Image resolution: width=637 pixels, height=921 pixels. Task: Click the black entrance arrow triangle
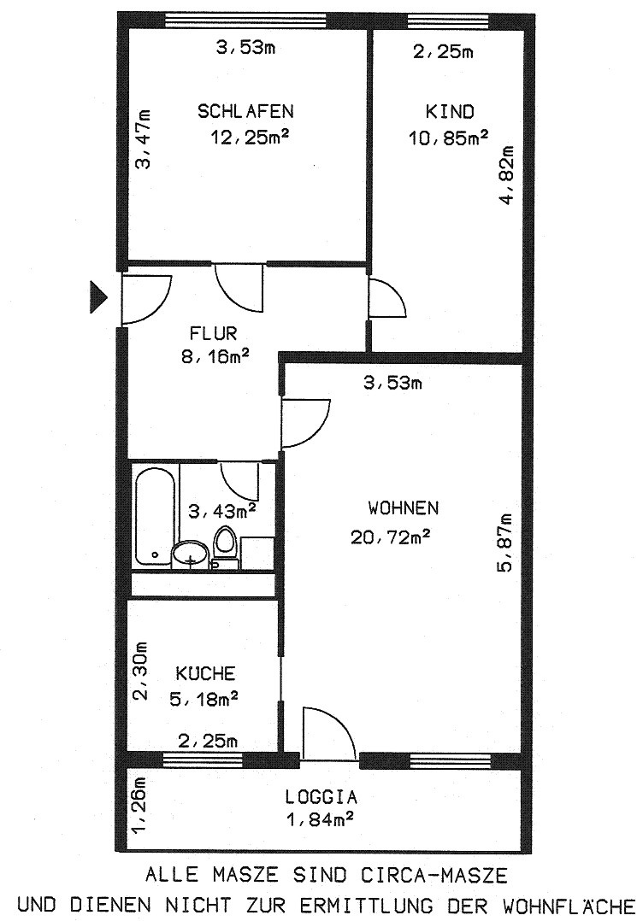[x=98, y=296]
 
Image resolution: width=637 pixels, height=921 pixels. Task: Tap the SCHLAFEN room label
[x=245, y=111]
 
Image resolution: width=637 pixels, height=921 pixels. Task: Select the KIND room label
[x=450, y=111]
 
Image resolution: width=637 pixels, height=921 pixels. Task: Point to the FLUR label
[x=213, y=333]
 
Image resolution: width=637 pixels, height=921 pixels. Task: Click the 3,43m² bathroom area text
[x=222, y=511]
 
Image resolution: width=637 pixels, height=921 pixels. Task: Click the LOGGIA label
[x=321, y=797]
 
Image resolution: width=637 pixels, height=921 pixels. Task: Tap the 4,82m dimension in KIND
[x=506, y=175]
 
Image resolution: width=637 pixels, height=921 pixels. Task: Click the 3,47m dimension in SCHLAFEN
[x=143, y=139]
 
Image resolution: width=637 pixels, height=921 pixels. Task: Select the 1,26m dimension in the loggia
[x=139, y=805]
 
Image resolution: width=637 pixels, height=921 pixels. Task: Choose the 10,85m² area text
[x=448, y=138]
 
